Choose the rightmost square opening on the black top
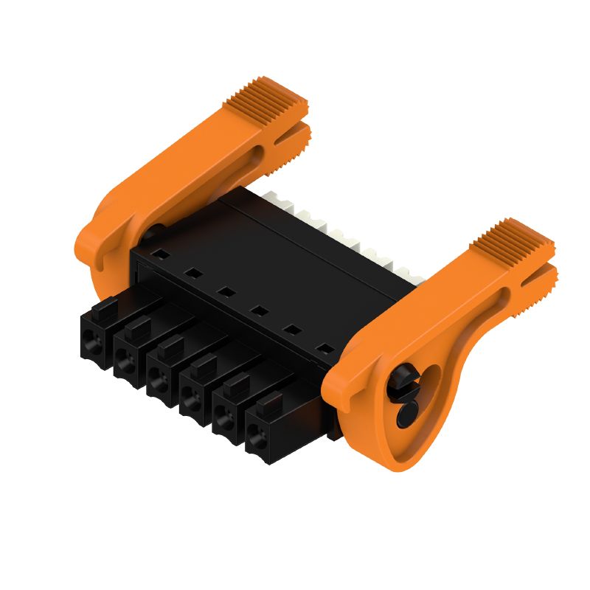322,347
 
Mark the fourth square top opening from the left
258,310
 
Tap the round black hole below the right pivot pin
406,417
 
